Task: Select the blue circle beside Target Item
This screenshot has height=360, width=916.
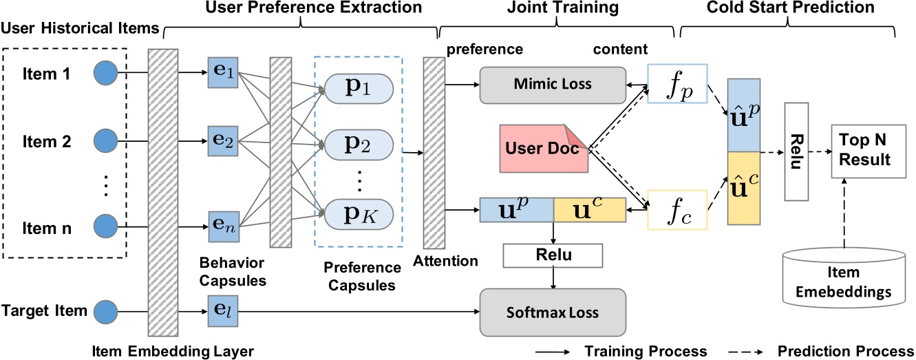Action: coord(105,310)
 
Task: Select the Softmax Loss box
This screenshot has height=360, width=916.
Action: coord(553,312)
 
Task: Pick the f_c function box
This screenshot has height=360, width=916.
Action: coord(677,210)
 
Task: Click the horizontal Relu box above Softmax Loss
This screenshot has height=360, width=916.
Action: coord(553,255)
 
